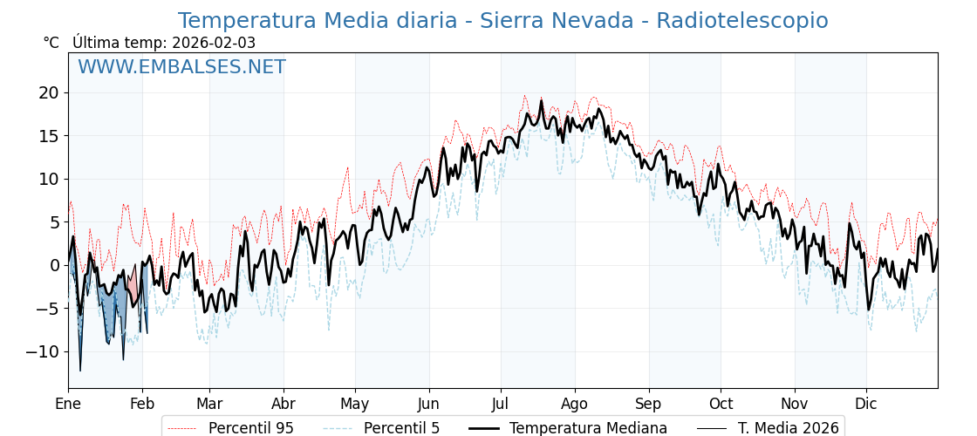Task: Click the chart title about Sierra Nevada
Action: pyautogui.click(x=502, y=21)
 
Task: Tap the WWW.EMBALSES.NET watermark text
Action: pyautogui.click(x=181, y=67)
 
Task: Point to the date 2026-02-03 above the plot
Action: pyautogui.click(x=214, y=43)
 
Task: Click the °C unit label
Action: pyautogui.click(x=51, y=43)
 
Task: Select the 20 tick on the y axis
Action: pyautogui.click(x=49, y=92)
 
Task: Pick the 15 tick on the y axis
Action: pyautogui.click(x=49, y=136)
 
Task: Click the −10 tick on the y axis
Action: pyautogui.click(x=44, y=351)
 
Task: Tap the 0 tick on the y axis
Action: pyautogui.click(x=54, y=265)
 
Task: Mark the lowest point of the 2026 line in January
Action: pyautogui.click(x=80, y=371)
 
